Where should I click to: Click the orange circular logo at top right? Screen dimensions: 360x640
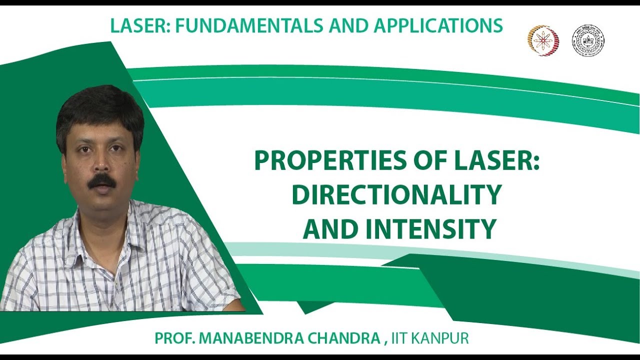543,40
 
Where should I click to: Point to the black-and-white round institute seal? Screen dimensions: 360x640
588,40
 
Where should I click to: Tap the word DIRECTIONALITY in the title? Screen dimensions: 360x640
396,195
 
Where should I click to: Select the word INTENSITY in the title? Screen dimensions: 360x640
431,229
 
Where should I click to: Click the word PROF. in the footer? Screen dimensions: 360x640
174,338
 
